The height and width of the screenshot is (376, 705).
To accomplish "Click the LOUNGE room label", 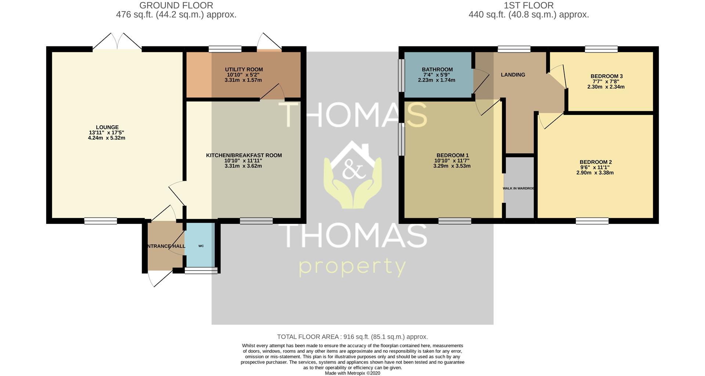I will [107, 128].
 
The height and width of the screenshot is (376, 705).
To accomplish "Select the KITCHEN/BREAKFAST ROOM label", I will [244, 155].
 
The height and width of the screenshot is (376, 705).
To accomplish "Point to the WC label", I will [201, 246].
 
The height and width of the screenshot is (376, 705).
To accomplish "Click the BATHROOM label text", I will [437, 69].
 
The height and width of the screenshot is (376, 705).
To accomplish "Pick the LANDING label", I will [513, 75].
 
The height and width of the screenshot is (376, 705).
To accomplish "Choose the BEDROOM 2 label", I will [596, 162].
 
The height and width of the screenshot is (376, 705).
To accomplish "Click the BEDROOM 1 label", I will [452, 155].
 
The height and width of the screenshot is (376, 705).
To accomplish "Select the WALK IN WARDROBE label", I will [518, 188].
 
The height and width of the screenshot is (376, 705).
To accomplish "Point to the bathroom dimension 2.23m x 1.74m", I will [437, 80].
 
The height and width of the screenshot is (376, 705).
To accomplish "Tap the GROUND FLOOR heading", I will [176, 6].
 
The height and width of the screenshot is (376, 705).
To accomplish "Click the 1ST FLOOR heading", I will [529, 6].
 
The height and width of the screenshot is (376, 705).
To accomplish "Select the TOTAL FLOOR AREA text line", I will [352, 337].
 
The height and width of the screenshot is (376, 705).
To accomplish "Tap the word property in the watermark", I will [352, 267].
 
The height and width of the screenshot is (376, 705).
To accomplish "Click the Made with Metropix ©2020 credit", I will [352, 373].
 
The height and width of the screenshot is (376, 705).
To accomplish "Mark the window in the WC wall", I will [201, 271].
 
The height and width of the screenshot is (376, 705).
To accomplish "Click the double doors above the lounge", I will [117, 42].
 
